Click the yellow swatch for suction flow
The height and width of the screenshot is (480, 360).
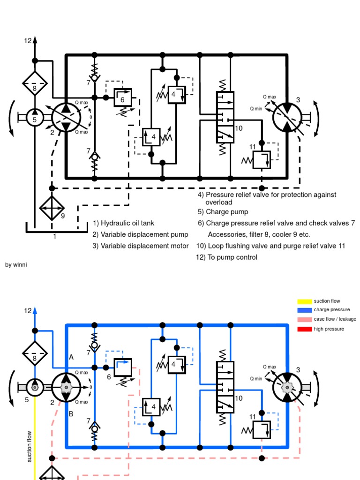click(x=305, y=301)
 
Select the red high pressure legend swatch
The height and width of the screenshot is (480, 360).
click(x=305, y=329)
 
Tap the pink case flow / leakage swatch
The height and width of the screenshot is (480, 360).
click(x=305, y=319)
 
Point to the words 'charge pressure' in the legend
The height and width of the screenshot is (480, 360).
click(x=332, y=310)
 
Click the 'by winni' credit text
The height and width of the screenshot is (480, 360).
click(x=16, y=265)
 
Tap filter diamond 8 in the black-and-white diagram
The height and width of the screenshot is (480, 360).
click(x=35, y=83)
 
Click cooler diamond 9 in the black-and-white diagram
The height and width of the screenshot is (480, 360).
click(x=52, y=205)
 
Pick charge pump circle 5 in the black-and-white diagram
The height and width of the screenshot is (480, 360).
click(x=35, y=119)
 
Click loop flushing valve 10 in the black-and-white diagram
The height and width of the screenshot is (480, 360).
click(x=225, y=117)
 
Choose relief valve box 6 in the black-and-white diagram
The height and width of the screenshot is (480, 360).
click(x=123, y=98)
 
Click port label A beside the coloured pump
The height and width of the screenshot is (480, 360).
click(x=71, y=357)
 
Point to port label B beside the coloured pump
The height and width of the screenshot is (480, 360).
click(x=71, y=414)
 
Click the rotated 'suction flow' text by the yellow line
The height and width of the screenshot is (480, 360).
click(x=30, y=446)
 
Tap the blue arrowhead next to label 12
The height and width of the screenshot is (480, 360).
click(x=35, y=310)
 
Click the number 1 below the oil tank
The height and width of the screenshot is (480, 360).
click(x=54, y=236)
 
